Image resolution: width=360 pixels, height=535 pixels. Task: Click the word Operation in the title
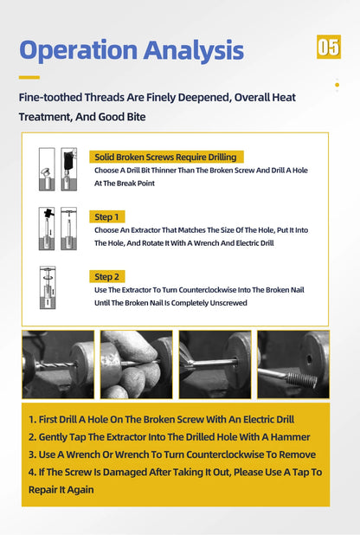pyautogui.click(x=79, y=50)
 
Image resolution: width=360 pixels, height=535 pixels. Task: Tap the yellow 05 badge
pyautogui.click(x=329, y=47)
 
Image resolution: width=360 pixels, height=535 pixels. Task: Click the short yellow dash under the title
pyautogui.click(x=29, y=77)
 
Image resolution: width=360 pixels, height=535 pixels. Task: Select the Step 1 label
pyautogui.click(x=106, y=217)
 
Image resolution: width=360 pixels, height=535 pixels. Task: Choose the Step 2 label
pyautogui.click(x=106, y=277)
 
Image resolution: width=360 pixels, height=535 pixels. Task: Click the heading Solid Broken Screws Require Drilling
pyautogui.click(x=166, y=157)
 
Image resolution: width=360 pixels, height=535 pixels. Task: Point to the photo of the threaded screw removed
pyautogui.click(x=293, y=364)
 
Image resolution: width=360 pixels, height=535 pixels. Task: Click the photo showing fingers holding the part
pyautogui.click(x=137, y=364)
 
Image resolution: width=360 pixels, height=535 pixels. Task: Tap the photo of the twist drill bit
pyautogui.click(x=58, y=364)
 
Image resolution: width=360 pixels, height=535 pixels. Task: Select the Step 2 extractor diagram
pyautogui.click(x=48, y=287)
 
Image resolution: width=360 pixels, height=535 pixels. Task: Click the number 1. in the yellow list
pyautogui.click(x=32, y=419)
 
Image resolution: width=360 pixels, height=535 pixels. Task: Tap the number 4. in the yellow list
pyautogui.click(x=32, y=472)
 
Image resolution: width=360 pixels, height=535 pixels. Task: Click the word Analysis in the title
pyautogui.click(x=194, y=50)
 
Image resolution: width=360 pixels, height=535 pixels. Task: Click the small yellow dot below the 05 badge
pyautogui.click(x=337, y=85)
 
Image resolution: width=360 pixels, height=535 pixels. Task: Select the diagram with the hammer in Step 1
pyautogui.click(x=47, y=229)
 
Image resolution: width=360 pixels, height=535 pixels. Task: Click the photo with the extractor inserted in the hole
pyautogui.click(x=215, y=364)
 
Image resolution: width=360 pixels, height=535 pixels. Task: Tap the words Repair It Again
pyautogui.click(x=61, y=490)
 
